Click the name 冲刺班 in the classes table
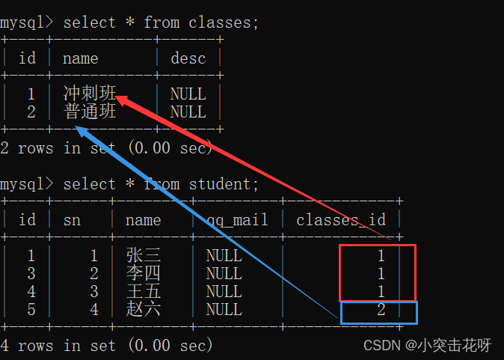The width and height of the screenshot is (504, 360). click(x=90, y=94)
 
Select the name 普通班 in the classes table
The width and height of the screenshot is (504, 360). click(x=90, y=112)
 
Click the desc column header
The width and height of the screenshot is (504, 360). click(x=188, y=58)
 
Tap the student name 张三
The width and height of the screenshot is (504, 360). click(x=144, y=256)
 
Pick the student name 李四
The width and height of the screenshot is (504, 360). click(x=144, y=274)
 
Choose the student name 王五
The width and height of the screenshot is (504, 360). click(x=144, y=292)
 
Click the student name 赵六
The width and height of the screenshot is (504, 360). click(x=144, y=310)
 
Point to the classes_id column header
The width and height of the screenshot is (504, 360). click(x=341, y=220)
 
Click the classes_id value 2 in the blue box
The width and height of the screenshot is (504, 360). click(x=381, y=310)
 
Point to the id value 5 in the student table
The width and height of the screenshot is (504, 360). click(x=31, y=310)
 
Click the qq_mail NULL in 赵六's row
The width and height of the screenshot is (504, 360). click(x=224, y=310)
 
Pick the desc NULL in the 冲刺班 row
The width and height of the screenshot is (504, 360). click(x=188, y=94)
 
